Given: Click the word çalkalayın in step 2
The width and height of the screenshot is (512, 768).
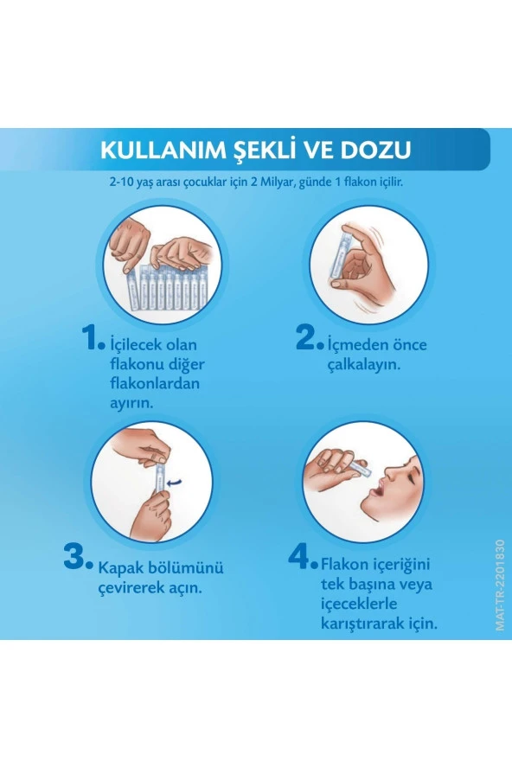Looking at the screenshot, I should click(x=368, y=364).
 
